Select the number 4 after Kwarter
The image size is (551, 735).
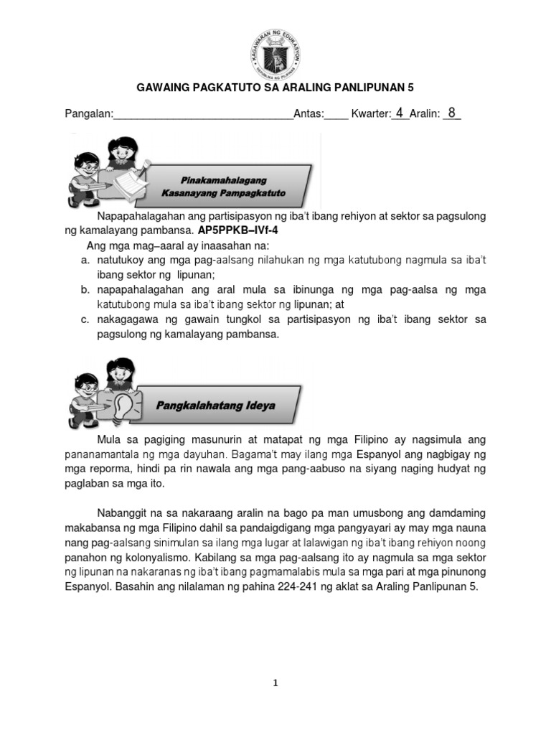pyautogui.click(x=400, y=113)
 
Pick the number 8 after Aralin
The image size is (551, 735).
pyautogui.click(x=451, y=113)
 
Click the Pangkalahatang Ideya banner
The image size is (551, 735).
pyautogui.click(x=215, y=406)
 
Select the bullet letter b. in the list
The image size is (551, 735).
pyautogui.click(x=85, y=290)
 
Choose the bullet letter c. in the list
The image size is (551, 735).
pyautogui.click(x=85, y=319)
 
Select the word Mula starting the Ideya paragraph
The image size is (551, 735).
pyautogui.click(x=110, y=439)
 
